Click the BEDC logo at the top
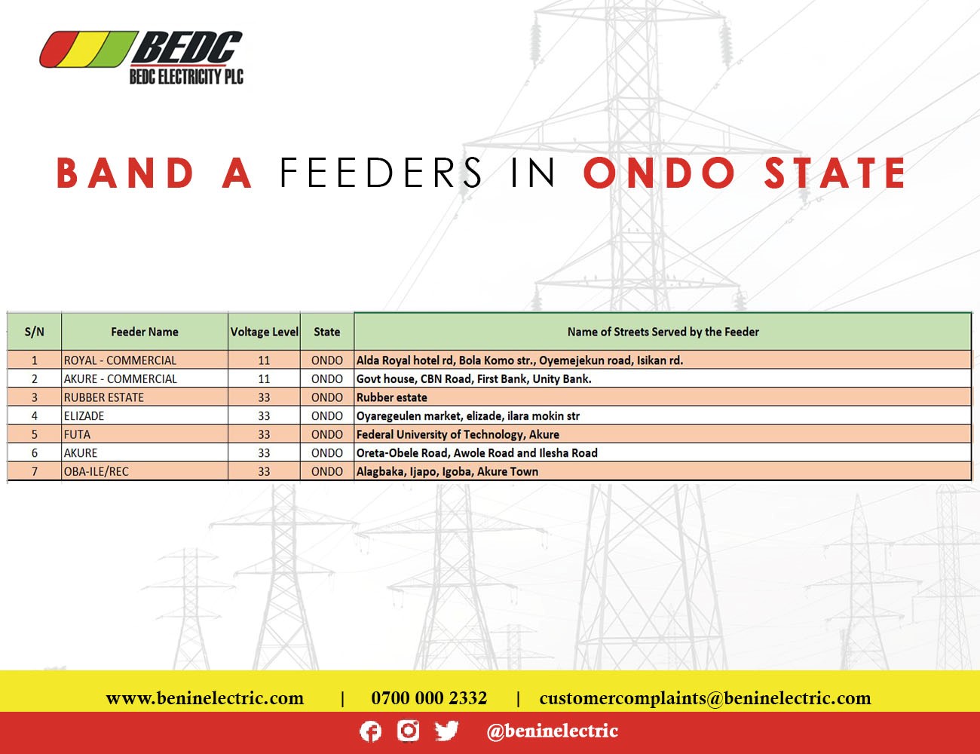pyautogui.click(x=141, y=57)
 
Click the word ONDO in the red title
pyautogui.click(x=660, y=173)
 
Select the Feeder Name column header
pyautogui.click(x=145, y=332)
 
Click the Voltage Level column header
pyautogui.click(x=265, y=332)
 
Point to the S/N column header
pyautogui.click(x=34, y=332)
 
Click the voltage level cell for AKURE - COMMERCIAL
pyautogui.click(x=265, y=379)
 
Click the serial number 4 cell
pyautogui.click(x=34, y=415)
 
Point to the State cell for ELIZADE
pyautogui.click(x=327, y=415)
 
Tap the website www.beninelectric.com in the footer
pyautogui.click(x=205, y=698)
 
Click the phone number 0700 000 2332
pyautogui.click(x=429, y=698)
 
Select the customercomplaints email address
pyautogui.click(x=706, y=698)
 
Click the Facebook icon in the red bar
pyautogui.click(x=370, y=731)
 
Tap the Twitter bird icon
pyautogui.click(x=446, y=731)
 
